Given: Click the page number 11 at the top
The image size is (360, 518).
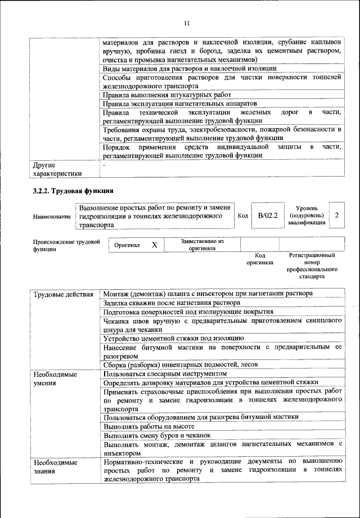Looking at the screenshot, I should [x=187, y=23].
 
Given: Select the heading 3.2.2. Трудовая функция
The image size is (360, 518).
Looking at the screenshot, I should [x=73, y=191].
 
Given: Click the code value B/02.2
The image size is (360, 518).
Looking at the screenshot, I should [x=268, y=215].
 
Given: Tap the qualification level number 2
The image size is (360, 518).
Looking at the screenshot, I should [x=336, y=215].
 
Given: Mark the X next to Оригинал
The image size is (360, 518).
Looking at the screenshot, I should [x=154, y=245].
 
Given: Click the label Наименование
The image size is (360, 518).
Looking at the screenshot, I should [x=52, y=217].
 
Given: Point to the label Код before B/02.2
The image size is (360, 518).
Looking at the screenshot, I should [x=242, y=216].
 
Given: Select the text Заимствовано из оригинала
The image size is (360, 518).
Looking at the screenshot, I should [x=202, y=245].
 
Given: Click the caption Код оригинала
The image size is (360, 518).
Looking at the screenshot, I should [x=259, y=259].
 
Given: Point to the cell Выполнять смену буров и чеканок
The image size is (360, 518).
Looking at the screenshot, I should [x=157, y=435].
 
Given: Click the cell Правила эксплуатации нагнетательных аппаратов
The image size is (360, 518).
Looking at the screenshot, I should [x=180, y=104].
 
